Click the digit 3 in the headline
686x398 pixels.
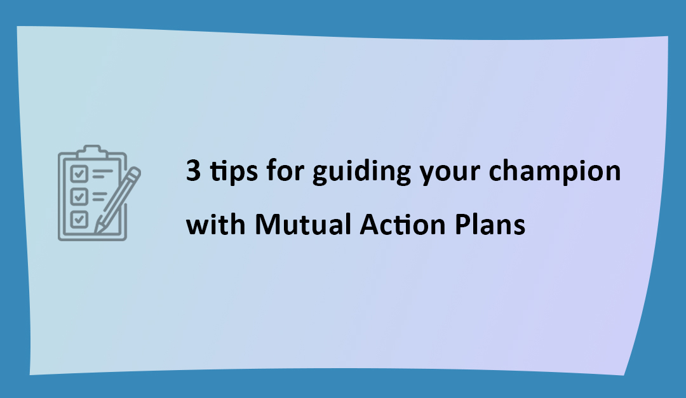coord(192,172)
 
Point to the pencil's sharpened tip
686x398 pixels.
coord(97,227)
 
